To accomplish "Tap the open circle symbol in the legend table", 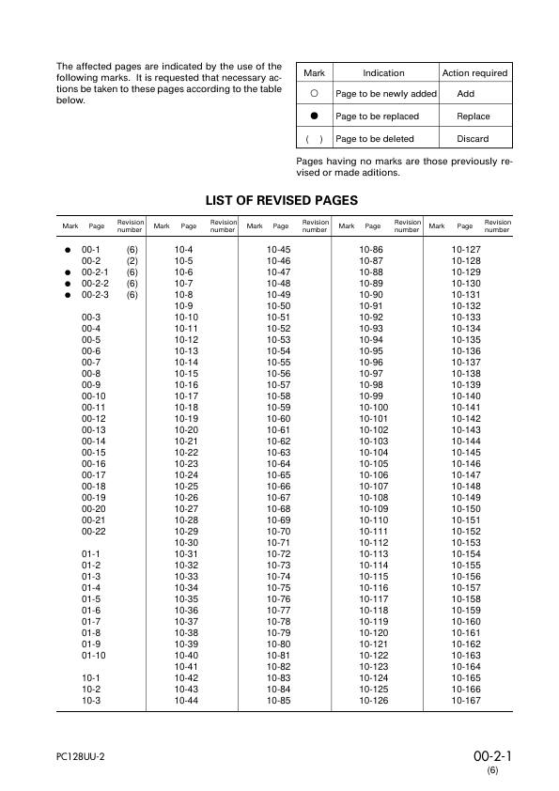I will [315, 95].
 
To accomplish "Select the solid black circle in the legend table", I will [315, 116].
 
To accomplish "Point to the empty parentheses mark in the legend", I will [315, 139].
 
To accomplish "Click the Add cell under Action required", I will [465, 95].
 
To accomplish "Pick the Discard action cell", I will [473, 139].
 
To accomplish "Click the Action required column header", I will [474, 73].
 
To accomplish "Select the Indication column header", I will [383, 73].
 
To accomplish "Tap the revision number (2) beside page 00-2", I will [132, 260].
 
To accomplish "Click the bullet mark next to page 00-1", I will [68, 249].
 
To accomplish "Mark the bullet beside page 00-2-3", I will [68, 295].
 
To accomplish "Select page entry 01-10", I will [93, 655].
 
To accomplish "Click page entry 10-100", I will [374, 407].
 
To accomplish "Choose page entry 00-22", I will [93, 532].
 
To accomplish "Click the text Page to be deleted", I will [374, 139].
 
